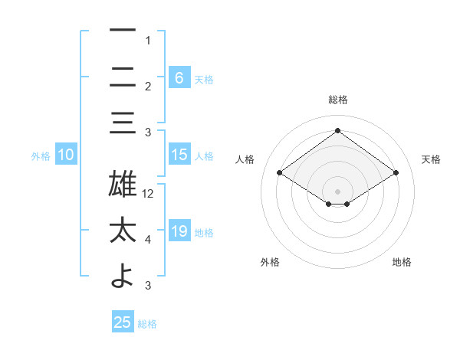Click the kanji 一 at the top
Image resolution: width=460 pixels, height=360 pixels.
pyautogui.click(x=123, y=31)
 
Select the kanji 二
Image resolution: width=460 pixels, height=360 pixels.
pyautogui.click(x=123, y=77)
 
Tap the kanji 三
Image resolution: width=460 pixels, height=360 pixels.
pyautogui.click(x=123, y=123)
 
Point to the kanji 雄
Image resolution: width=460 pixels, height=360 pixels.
pyautogui.click(x=123, y=185)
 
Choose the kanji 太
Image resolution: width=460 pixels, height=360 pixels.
pyautogui.click(x=123, y=231)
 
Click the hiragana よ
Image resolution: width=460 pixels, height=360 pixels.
pyautogui.click(x=123, y=277)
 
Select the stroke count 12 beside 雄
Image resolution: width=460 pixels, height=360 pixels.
pyautogui.click(x=149, y=194)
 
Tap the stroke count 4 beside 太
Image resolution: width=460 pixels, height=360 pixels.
pyautogui.click(x=148, y=240)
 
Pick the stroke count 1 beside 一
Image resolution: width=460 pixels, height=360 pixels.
pyautogui.click(x=148, y=41)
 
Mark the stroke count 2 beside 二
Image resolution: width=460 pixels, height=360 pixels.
pyautogui.click(x=148, y=87)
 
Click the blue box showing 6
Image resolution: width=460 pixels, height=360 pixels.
pyautogui.click(x=179, y=77)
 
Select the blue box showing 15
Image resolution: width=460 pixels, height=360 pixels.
pyautogui.click(x=179, y=155)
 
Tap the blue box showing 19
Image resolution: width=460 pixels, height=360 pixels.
pyautogui.click(x=179, y=231)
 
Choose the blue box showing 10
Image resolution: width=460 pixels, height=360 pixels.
pyautogui.click(x=66, y=155)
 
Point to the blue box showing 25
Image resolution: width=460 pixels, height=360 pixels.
pyautogui.click(x=123, y=322)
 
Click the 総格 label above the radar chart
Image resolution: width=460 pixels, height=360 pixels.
pyautogui.click(x=338, y=100)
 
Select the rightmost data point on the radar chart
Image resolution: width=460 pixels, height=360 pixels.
pyautogui.click(x=396, y=173)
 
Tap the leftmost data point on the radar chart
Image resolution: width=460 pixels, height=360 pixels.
pyautogui.click(x=280, y=173)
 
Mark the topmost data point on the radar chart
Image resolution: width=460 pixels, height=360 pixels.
pyautogui.click(x=338, y=130)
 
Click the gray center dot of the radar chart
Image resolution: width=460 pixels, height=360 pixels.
pyautogui.click(x=338, y=190)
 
